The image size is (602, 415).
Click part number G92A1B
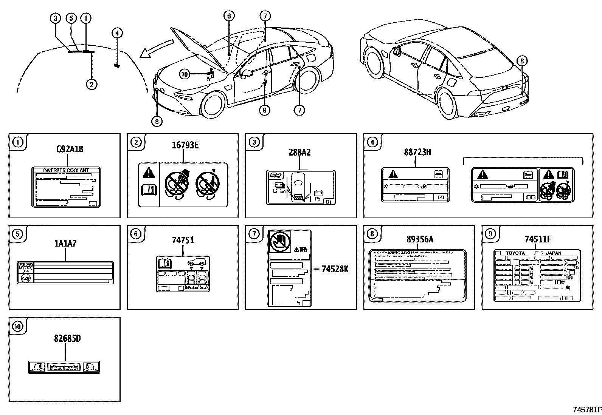click(70, 149)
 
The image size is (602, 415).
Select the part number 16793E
click(185, 145)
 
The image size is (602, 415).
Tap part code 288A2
click(299, 152)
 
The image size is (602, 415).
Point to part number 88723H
click(417, 152)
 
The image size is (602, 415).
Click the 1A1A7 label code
click(66, 244)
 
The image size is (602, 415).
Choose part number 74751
click(183, 240)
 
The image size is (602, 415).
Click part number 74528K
click(335, 269)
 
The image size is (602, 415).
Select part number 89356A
click(420, 239)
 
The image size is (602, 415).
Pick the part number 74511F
click(538, 239)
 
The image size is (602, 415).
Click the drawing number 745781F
click(587, 410)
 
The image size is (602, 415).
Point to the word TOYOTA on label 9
click(515, 253)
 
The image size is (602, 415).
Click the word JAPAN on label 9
click(554, 253)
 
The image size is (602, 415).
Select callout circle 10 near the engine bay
click(184, 74)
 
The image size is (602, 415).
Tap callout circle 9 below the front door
click(264, 110)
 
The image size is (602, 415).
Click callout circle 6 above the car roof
click(228, 15)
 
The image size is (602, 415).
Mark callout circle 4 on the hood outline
click(117, 33)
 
